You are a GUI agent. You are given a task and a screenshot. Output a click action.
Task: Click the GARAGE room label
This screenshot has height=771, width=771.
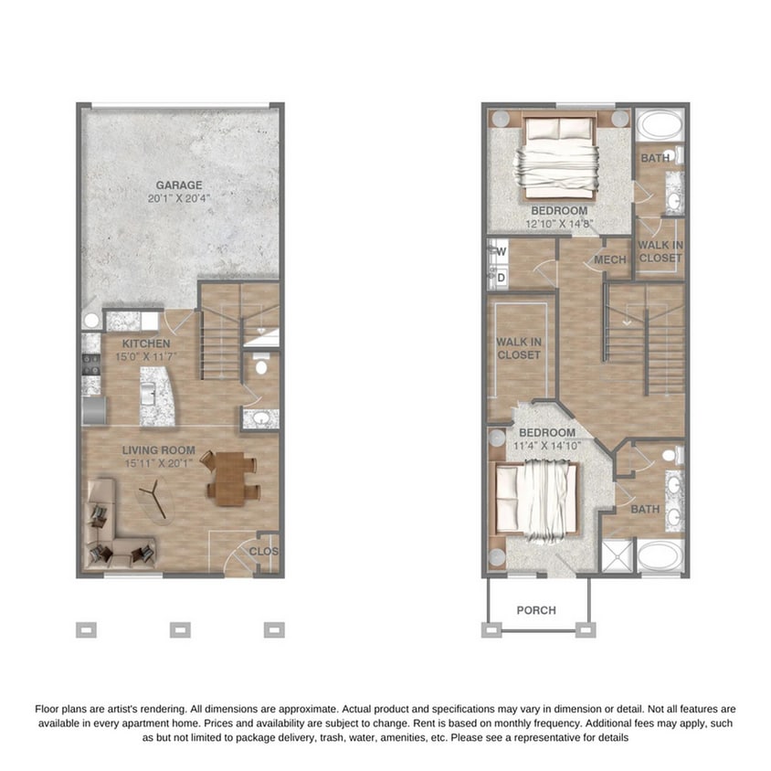(x=178, y=185)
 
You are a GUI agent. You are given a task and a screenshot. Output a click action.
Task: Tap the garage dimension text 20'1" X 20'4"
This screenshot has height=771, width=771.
(x=178, y=198)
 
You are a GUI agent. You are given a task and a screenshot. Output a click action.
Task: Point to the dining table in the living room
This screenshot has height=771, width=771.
(x=232, y=479)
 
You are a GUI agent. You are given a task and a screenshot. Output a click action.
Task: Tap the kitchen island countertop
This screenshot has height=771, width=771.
(x=156, y=395)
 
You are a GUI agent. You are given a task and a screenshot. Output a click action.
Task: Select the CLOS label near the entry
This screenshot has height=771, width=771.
(x=264, y=552)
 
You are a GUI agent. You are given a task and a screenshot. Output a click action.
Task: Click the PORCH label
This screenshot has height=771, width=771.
(x=536, y=610)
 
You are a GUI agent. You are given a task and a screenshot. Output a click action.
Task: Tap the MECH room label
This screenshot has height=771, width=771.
(x=609, y=260)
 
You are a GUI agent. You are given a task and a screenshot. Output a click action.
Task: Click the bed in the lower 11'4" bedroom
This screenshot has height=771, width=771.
(x=539, y=500)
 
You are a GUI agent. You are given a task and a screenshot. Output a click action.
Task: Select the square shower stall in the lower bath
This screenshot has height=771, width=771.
(x=616, y=555)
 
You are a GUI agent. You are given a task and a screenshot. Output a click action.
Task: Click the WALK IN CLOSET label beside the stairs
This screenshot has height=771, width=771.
(x=660, y=251)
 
